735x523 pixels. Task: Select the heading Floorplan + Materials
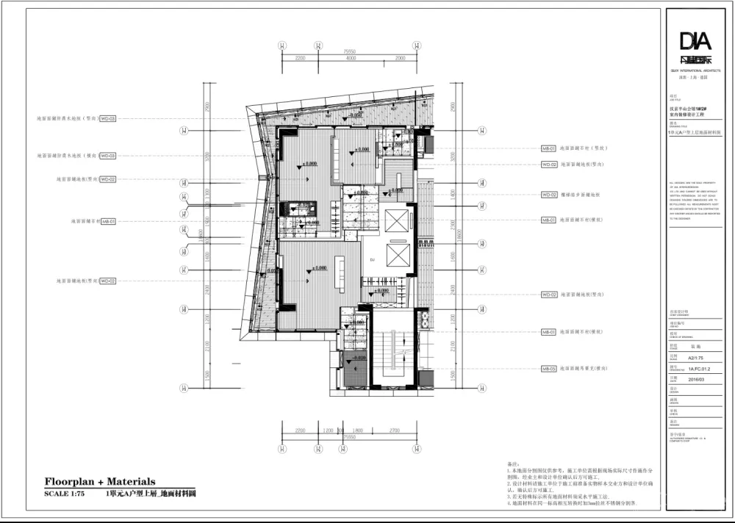click(x=100, y=482)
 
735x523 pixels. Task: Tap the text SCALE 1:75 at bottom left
click(x=65, y=494)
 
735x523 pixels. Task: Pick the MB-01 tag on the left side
click(x=107, y=220)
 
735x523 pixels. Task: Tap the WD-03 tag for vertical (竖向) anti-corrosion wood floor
click(x=107, y=118)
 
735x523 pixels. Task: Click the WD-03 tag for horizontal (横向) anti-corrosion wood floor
click(x=107, y=156)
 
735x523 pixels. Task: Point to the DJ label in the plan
click(x=373, y=260)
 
